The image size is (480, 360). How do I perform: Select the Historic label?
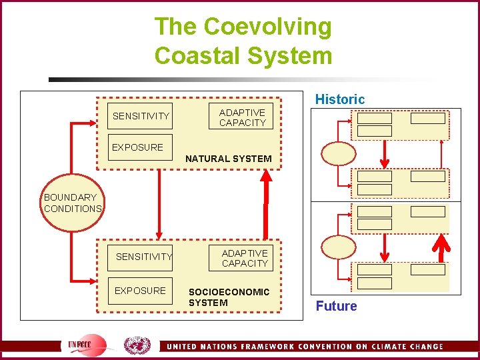point(340,99)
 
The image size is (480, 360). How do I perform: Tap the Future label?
point(336,306)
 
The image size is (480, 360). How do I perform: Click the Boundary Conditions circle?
point(72,203)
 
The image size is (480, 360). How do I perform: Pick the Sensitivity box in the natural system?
point(141,116)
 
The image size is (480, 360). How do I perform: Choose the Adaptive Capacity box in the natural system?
point(242,117)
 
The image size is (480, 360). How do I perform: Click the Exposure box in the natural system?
point(137,147)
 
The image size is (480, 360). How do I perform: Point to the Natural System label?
point(228,159)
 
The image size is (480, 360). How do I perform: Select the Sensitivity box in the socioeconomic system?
point(143,257)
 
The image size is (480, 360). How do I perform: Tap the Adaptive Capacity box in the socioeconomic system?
point(245,258)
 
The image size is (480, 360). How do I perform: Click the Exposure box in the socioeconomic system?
point(140,291)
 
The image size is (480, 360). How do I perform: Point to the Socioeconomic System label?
point(229,297)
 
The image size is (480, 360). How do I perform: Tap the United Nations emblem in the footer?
point(137,345)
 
